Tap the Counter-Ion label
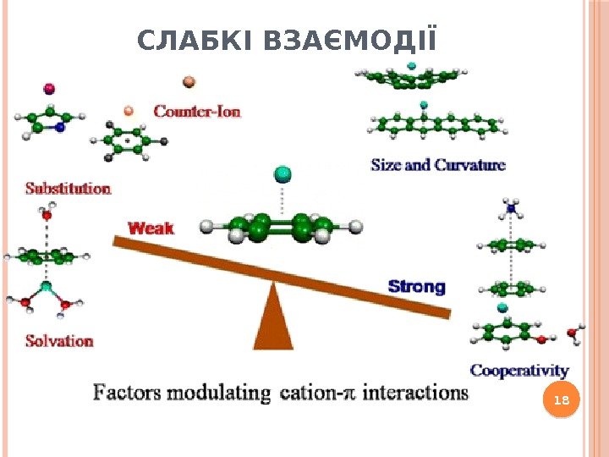coord(196,111)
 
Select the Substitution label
coord(68,188)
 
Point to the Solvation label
coord(58,341)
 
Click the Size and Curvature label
coord(438,165)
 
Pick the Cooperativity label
coord(519,371)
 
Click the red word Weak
coord(151,228)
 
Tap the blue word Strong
coord(416,286)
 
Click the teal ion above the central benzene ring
coord(282,175)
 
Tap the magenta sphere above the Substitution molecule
coord(48,88)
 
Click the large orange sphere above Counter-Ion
coord(189,82)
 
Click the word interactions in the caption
coord(418,394)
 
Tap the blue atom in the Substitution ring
coord(59,128)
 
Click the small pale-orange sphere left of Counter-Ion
coord(129,110)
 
